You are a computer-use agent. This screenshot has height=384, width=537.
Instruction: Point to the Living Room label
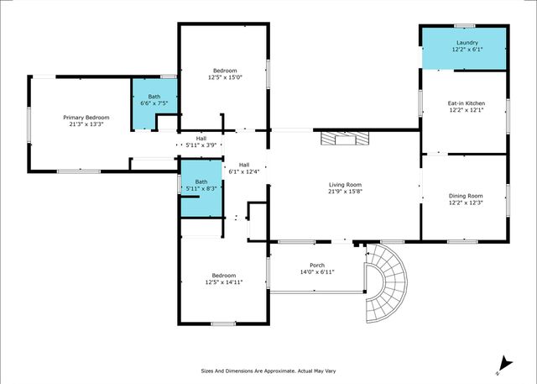coord(344,184)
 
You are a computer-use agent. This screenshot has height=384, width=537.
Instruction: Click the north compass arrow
coord(500,360)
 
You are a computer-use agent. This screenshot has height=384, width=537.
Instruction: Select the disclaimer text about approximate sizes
coord(268,370)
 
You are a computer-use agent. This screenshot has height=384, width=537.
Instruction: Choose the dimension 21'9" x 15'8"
coord(344,191)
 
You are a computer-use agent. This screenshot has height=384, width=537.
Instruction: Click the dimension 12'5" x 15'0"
coord(224,77)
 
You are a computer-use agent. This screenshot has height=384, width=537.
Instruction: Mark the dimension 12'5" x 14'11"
coord(224,282)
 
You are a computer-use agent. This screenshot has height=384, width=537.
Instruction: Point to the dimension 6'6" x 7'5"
coord(154,103)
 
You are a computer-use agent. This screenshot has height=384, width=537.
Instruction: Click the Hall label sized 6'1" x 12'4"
coord(244,165)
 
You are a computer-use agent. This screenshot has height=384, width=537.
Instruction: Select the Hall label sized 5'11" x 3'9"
coord(201,139)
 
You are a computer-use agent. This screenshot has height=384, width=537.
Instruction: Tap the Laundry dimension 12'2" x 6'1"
coord(463,49)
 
